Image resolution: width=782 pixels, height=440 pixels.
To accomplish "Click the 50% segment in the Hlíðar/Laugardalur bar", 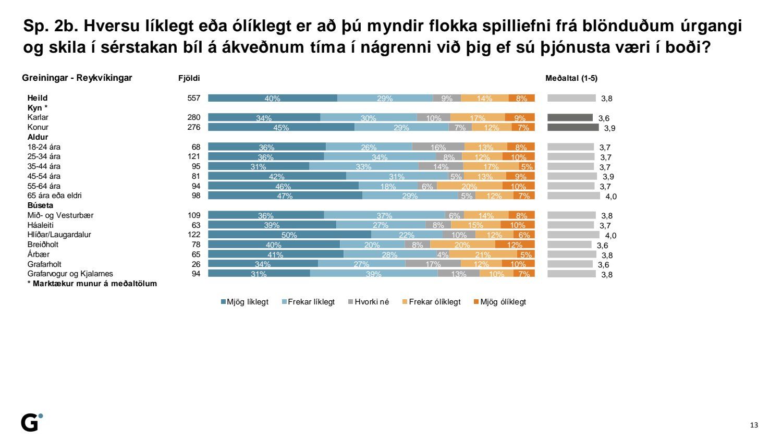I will pyautogui.click(x=289, y=235).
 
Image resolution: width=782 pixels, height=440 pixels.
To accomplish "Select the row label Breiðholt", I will pyautogui.click(x=43, y=245).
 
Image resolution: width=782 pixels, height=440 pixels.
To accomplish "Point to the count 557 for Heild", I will pyautogui.click(x=194, y=98).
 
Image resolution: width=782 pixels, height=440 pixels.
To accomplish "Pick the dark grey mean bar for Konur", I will pyautogui.click(x=573, y=127).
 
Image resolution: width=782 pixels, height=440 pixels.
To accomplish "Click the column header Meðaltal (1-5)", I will pyautogui.click(x=571, y=78).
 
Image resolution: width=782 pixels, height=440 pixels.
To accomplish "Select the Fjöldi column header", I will pyautogui.click(x=189, y=78).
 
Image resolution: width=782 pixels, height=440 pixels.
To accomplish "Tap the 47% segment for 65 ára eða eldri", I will pyautogui.click(x=285, y=195).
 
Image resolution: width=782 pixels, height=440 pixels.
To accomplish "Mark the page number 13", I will pyautogui.click(x=754, y=425).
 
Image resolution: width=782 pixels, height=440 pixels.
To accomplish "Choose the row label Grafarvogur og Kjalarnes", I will pyautogui.click(x=70, y=274).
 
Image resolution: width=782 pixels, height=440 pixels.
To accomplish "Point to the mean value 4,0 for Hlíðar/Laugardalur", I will pyautogui.click(x=610, y=236).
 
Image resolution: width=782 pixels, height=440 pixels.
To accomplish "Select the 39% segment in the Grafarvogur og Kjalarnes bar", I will pyautogui.click(x=373, y=274).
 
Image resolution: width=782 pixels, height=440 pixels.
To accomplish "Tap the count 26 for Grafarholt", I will pyautogui.click(x=196, y=264).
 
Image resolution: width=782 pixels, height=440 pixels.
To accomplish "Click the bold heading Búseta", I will pyautogui.click(x=40, y=205).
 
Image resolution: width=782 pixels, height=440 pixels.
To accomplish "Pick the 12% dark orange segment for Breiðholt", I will pyautogui.click(x=515, y=245).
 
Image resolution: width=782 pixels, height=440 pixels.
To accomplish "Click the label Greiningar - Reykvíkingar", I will pyautogui.click(x=77, y=78).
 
